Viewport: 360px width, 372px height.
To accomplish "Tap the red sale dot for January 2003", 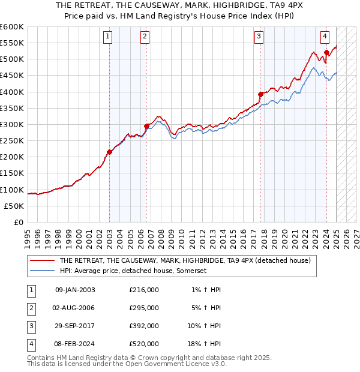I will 110,152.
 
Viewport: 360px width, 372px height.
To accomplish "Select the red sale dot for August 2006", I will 147,126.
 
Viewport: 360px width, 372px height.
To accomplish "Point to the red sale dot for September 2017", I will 261,94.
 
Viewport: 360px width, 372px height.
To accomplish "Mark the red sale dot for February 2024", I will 326,53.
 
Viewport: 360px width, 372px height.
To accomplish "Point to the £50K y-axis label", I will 14,206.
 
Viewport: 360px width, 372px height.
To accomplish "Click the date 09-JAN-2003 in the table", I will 74,290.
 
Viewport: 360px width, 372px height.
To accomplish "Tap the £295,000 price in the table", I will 144,308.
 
